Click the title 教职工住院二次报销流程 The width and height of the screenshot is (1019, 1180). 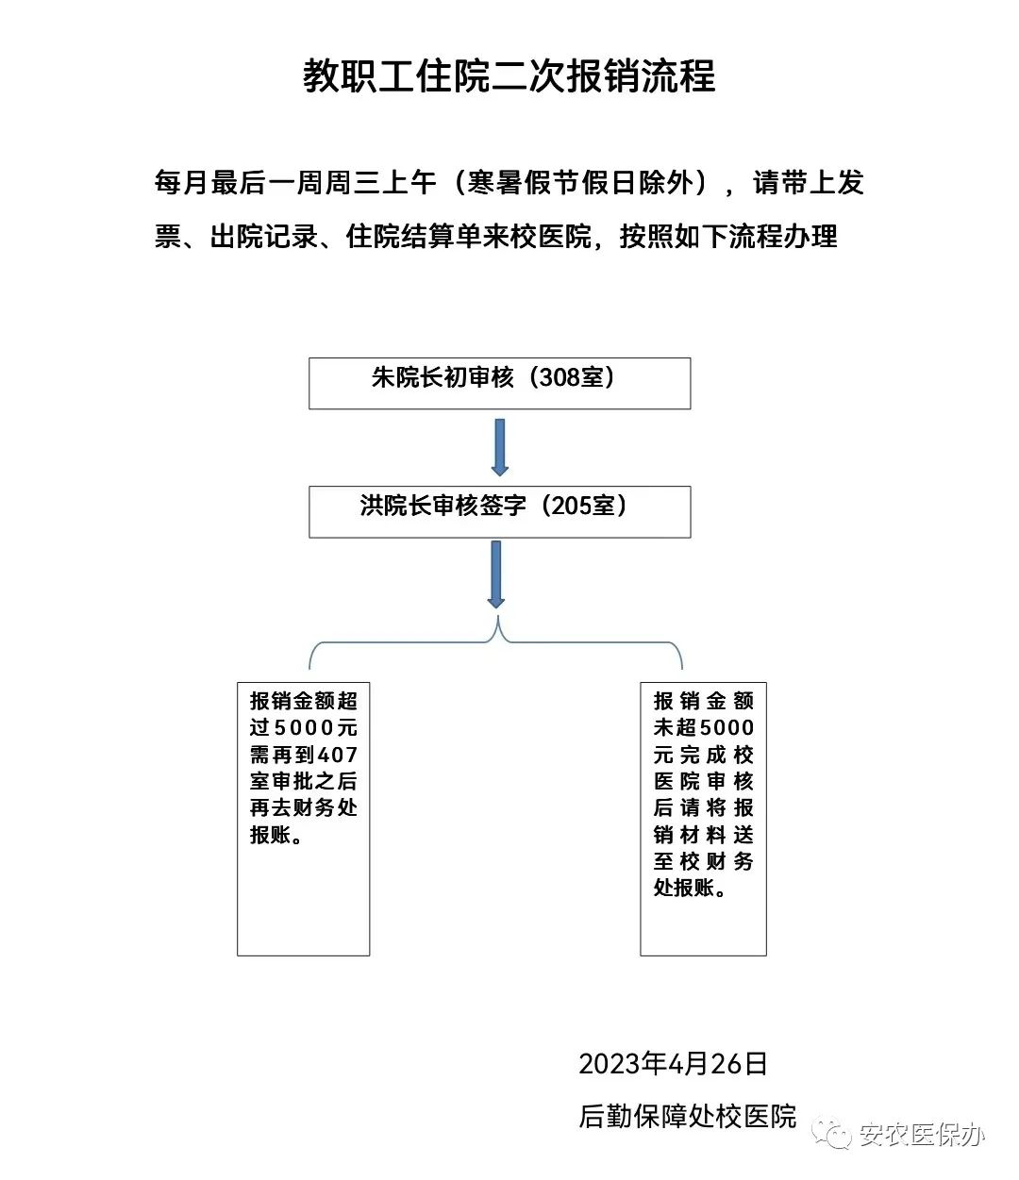coord(509,75)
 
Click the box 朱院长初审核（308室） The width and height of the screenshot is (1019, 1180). coord(499,382)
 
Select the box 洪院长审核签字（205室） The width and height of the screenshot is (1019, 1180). coord(499,510)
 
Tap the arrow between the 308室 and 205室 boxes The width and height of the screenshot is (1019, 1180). coord(499,446)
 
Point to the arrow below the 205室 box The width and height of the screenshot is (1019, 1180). coord(495,573)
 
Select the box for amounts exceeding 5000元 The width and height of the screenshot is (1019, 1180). coord(303,818)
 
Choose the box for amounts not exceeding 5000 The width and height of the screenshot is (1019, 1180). coord(703,818)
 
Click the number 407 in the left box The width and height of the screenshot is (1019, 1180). coord(338,755)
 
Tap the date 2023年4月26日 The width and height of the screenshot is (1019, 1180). coord(673,1064)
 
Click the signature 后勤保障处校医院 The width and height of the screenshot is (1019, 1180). coord(688,1116)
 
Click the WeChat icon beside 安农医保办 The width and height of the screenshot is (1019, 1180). coord(833,1134)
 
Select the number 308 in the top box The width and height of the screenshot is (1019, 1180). coord(559,377)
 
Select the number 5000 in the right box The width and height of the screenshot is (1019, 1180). coord(727,727)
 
